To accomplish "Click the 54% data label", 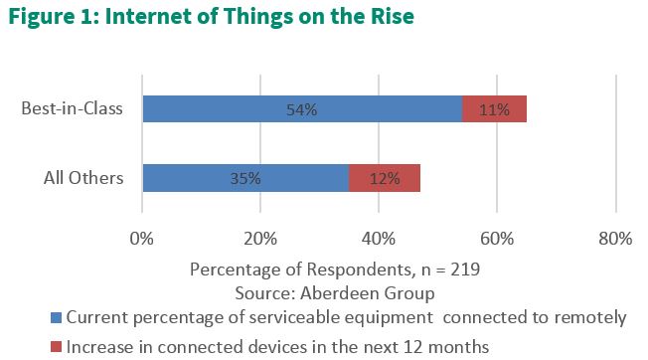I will pyautogui.click(x=302, y=109).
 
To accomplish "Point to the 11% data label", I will pyautogui.click(x=494, y=109).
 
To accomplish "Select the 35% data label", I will pyautogui.click(x=244, y=179).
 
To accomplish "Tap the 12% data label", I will pyautogui.click(x=385, y=179).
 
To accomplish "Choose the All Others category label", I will pyautogui.click(x=83, y=179).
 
